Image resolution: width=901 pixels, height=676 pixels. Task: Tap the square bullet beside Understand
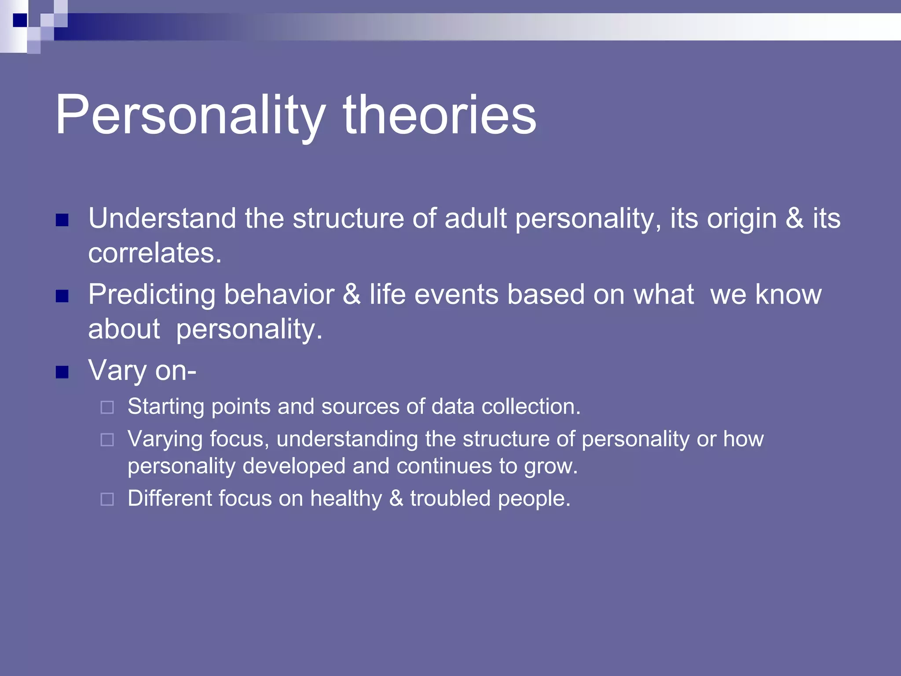tap(62, 220)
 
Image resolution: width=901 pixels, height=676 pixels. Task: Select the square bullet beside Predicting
tap(62, 296)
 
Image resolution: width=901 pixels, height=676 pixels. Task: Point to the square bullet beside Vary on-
tap(62, 372)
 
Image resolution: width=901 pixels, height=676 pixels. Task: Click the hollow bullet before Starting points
tap(107, 407)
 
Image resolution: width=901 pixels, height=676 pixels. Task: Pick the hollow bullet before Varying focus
tap(107, 440)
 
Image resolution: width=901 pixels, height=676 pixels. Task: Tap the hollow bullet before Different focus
tap(107, 499)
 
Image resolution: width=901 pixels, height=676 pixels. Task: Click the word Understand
tap(162, 218)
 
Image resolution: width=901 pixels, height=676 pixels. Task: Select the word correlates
tap(154, 253)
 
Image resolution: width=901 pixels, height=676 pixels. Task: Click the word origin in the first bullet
tap(742, 219)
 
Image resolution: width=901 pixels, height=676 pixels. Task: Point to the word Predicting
tap(152, 295)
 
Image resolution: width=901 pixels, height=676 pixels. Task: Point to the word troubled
tap(450, 498)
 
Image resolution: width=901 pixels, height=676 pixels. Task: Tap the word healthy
tap(346, 499)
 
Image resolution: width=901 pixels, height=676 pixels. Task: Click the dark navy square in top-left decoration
tap(20, 20)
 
